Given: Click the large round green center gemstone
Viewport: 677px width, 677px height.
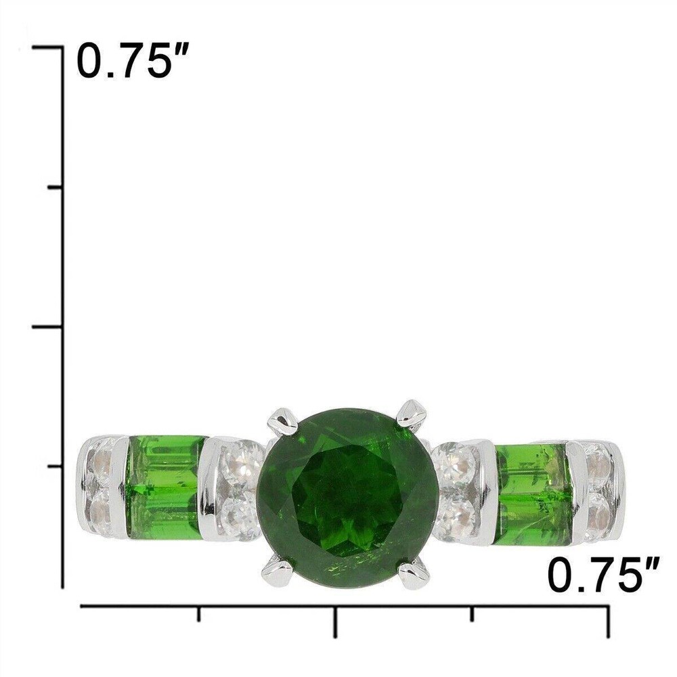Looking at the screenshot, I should click(x=347, y=498).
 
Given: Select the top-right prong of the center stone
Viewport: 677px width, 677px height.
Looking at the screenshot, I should click(x=411, y=414).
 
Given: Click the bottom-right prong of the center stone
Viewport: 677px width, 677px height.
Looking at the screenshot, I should click(x=413, y=574).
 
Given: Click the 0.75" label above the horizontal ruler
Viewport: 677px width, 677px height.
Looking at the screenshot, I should click(x=603, y=575).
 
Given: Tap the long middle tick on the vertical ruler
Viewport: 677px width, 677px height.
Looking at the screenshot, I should click(x=47, y=327).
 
